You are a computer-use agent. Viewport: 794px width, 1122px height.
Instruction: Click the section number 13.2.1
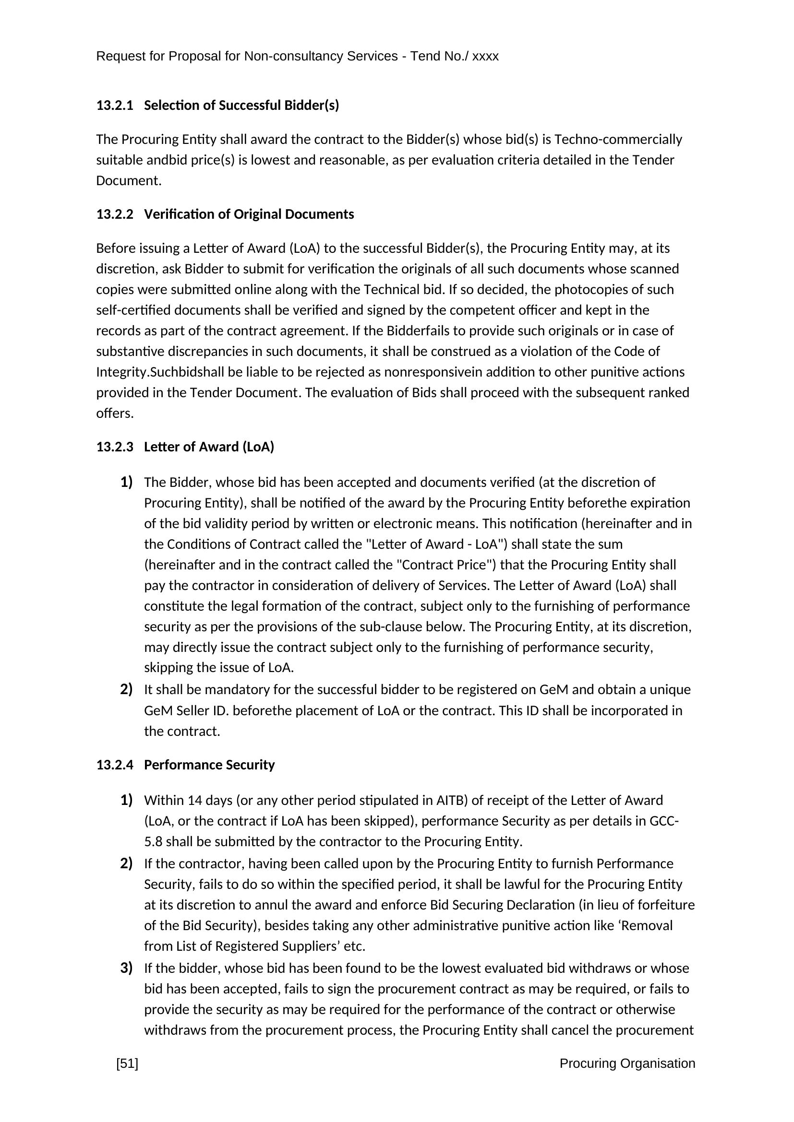(114, 106)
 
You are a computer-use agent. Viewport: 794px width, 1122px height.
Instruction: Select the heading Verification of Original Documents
(249, 214)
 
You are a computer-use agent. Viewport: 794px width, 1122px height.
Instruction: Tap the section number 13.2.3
(114, 447)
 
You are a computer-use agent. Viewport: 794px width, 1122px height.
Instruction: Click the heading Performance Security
(209, 765)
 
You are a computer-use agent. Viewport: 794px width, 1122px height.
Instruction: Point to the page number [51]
(127, 1063)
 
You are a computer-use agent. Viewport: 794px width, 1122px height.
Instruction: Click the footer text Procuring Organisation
(627, 1063)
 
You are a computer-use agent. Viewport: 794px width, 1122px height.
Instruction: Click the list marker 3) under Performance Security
(126, 968)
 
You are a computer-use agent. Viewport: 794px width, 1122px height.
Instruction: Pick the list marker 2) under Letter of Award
(126, 689)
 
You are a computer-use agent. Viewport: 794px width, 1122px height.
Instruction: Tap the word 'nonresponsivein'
(426, 372)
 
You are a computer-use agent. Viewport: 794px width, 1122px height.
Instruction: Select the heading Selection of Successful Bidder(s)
(241, 106)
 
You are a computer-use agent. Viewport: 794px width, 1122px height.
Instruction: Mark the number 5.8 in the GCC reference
(153, 841)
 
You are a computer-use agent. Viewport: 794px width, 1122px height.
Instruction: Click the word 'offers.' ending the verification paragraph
(114, 414)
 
